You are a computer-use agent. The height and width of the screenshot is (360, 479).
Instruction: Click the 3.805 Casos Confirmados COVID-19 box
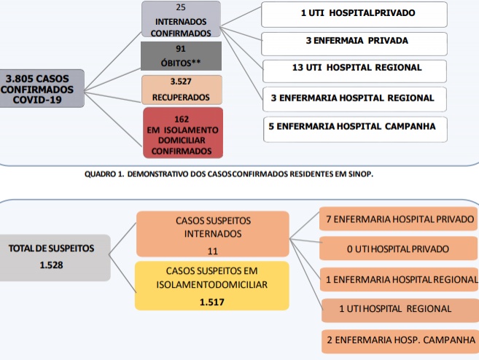[x=42, y=88]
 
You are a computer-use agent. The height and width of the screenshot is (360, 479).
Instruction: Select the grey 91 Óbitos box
[x=181, y=56]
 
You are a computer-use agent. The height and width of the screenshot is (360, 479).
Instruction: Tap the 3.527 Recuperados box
[x=182, y=90]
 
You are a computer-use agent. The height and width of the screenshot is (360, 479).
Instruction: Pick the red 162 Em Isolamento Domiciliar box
[x=183, y=133]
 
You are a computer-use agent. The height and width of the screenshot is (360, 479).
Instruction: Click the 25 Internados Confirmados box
[x=181, y=19]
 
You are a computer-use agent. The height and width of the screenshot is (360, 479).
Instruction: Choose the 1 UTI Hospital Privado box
[x=354, y=15]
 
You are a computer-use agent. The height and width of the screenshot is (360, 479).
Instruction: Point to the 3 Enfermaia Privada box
[x=354, y=44]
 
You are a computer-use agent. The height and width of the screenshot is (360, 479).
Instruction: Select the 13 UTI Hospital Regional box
[x=354, y=71]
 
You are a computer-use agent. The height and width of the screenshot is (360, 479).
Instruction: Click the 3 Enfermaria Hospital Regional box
[x=354, y=99]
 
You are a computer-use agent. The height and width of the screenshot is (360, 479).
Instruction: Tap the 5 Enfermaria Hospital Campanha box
[x=355, y=130]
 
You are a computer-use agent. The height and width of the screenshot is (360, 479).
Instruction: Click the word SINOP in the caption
[x=360, y=174]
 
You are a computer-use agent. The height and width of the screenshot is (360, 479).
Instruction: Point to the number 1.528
[x=51, y=265]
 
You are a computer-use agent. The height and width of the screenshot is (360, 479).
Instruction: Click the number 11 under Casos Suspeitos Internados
[x=213, y=251]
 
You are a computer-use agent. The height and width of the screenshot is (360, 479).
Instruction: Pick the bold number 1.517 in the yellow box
[x=212, y=302]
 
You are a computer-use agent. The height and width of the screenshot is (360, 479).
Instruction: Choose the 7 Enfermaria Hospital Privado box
[x=399, y=219]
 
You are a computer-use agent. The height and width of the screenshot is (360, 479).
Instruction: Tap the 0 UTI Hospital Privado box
[x=399, y=249]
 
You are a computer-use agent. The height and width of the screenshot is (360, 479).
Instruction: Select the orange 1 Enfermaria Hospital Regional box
[x=400, y=279]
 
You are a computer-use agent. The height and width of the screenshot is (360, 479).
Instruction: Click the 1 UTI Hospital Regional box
[x=400, y=310]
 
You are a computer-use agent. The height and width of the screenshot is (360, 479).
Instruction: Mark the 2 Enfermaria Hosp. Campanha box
[x=400, y=341]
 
